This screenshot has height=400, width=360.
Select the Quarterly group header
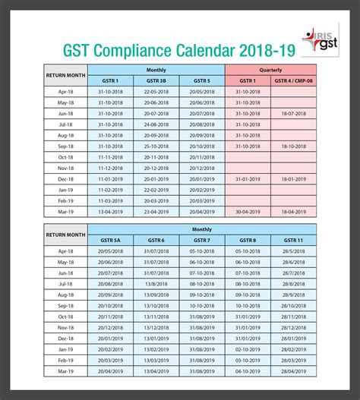(270, 68)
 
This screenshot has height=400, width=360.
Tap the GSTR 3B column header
(156, 80)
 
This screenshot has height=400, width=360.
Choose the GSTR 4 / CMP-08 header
(293, 80)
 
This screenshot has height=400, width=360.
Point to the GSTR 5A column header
(110, 239)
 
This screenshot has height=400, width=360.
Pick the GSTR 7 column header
(202, 239)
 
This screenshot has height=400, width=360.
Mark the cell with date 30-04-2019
(248, 211)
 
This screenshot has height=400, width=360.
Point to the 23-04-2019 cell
(156, 211)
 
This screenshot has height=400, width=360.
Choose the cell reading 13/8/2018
(156, 282)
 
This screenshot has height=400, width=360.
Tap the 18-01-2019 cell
(293, 178)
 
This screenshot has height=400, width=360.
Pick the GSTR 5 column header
(202, 80)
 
